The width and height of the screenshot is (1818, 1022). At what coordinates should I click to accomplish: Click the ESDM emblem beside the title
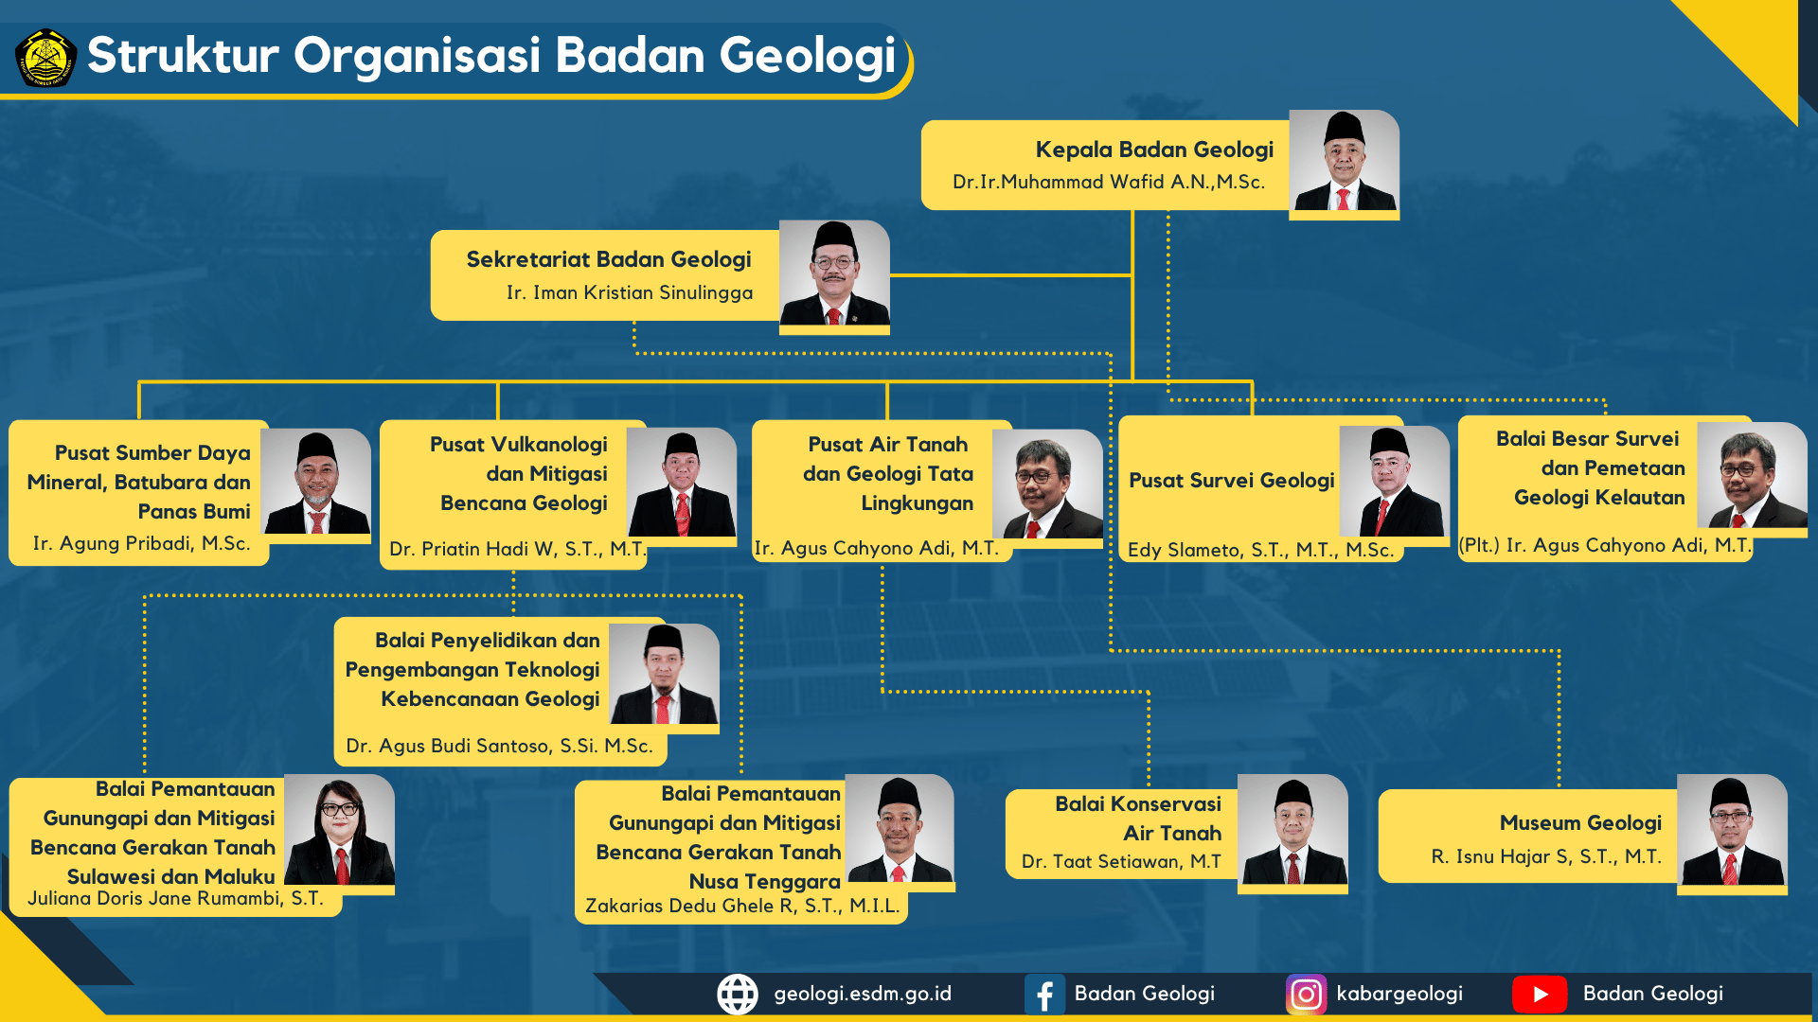[45, 57]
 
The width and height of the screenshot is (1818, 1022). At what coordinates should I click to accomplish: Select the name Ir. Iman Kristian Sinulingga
[630, 292]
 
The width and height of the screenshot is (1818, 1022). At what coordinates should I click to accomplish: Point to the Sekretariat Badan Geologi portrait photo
[834, 273]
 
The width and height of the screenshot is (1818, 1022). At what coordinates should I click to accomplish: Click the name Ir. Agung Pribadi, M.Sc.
[142, 543]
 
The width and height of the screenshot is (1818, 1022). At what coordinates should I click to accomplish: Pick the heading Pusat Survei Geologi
[1232, 481]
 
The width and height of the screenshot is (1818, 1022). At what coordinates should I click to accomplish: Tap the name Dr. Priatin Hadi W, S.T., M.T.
[518, 549]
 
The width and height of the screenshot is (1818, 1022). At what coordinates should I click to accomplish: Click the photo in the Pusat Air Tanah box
[1047, 485]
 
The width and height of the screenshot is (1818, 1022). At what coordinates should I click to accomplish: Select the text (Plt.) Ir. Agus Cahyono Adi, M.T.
[1606, 545]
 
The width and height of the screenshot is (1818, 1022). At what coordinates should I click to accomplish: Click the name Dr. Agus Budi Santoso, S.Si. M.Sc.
[500, 746]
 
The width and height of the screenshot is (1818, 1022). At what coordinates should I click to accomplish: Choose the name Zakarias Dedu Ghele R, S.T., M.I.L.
[742, 906]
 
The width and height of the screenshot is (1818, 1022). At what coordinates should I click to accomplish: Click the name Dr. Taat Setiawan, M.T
[1121, 861]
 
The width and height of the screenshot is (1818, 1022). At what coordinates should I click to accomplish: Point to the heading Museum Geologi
[1580, 823]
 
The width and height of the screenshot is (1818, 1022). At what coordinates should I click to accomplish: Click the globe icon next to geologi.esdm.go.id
[738, 995]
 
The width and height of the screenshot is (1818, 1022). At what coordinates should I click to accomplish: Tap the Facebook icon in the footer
[1044, 995]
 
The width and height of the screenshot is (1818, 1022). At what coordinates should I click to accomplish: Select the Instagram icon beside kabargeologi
[1307, 995]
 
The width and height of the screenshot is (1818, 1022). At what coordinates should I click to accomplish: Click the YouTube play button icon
[1540, 995]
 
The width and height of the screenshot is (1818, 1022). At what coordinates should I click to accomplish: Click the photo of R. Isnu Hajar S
[1732, 831]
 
